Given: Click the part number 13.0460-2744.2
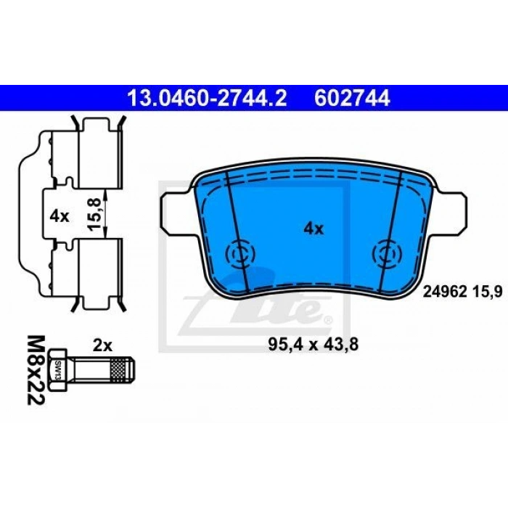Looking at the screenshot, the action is click(208, 98).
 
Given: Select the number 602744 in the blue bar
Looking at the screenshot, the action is click(352, 98).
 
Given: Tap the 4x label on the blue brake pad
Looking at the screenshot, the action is click(314, 229).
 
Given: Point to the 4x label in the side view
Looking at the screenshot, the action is click(60, 216).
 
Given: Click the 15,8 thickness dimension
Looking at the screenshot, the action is click(96, 215).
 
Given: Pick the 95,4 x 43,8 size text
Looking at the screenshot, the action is click(314, 345).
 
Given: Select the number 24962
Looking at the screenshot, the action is click(445, 292).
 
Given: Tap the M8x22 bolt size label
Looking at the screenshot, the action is click(35, 370).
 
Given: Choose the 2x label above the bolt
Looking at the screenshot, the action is click(102, 345).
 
